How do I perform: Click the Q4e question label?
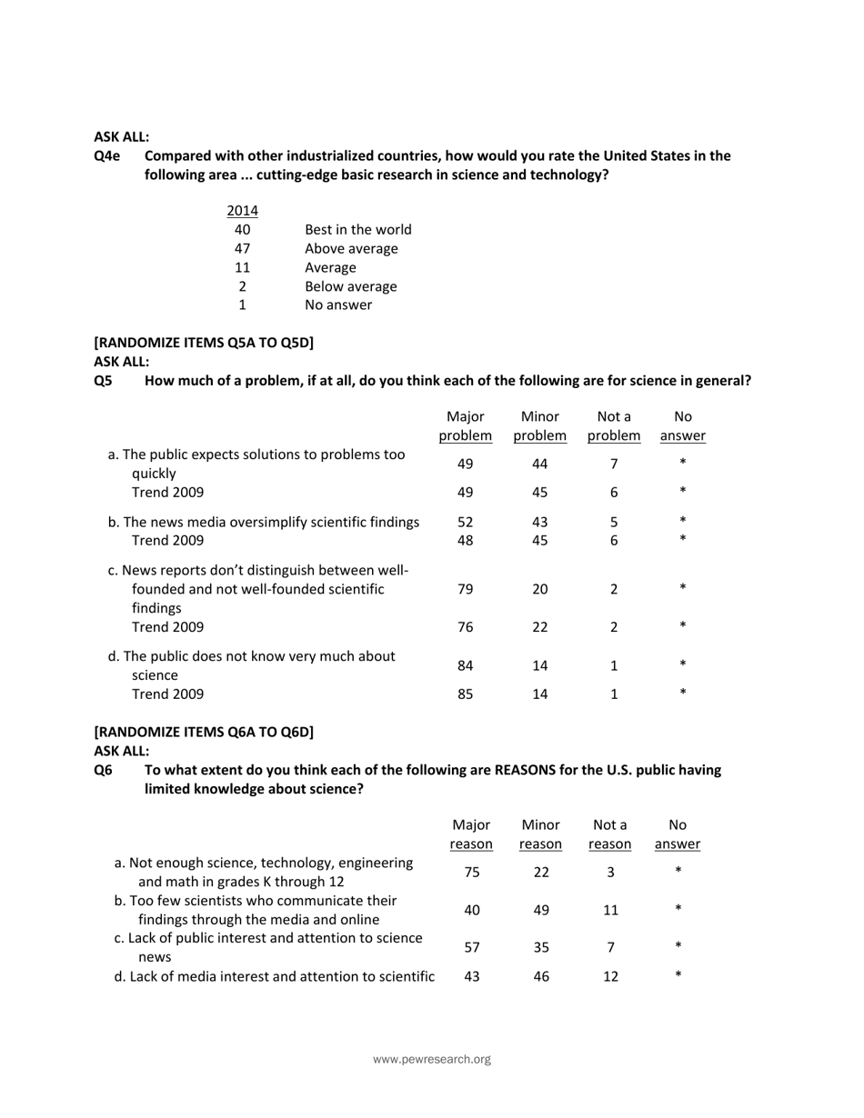tap(107, 155)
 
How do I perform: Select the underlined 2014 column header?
tap(242, 211)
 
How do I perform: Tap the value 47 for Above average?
tap(242, 248)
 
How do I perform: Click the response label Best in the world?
tap(357, 229)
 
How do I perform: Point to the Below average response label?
tap(350, 286)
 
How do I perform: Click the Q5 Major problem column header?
tap(466, 426)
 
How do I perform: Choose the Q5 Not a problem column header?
tap(614, 426)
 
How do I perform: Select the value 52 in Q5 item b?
tap(466, 522)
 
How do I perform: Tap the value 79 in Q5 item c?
tap(466, 589)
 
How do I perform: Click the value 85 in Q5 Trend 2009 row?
tap(466, 694)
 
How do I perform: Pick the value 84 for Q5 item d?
tap(466, 665)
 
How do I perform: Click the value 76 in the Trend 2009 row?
tap(466, 627)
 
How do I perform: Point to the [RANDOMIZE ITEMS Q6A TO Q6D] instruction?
tap(204, 732)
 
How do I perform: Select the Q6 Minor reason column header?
tap(540, 834)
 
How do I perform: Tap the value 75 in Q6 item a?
tap(472, 872)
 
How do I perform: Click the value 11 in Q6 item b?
tap(610, 910)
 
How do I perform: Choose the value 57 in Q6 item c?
tap(472, 947)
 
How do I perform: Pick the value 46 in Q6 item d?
tap(541, 976)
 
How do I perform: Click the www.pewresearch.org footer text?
tap(432, 1059)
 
